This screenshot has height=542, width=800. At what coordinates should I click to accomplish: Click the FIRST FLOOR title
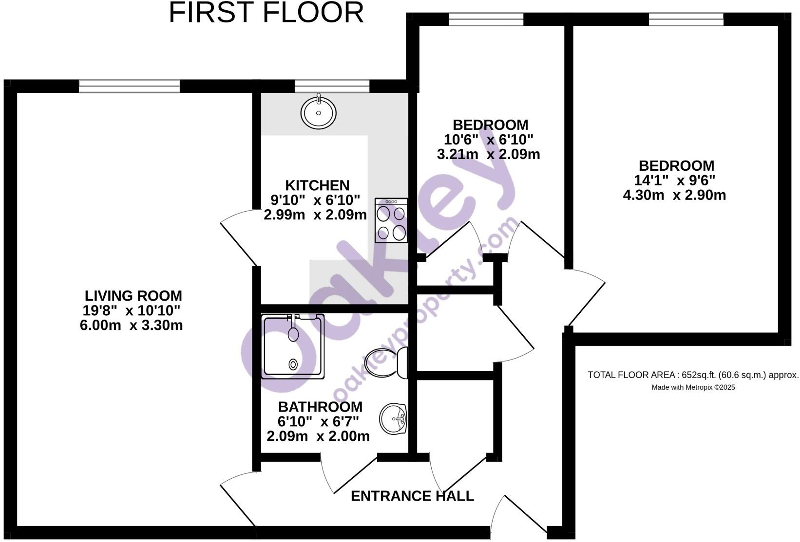(x=266, y=13)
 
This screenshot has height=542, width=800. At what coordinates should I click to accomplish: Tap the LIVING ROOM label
(x=133, y=296)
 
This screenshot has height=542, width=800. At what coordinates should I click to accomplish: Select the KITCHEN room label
(x=317, y=185)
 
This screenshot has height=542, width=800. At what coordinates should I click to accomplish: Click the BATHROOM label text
(x=320, y=407)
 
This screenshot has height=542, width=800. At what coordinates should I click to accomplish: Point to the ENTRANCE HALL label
(x=412, y=496)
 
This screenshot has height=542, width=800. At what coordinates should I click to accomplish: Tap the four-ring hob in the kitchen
(x=391, y=220)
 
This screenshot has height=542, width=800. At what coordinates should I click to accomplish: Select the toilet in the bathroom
(x=388, y=363)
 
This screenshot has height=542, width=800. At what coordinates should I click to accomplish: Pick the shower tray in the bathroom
(x=293, y=346)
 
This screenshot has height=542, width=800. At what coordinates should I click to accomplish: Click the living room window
(x=129, y=87)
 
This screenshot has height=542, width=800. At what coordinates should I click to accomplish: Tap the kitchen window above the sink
(x=332, y=87)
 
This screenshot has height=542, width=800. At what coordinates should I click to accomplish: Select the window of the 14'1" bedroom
(x=686, y=19)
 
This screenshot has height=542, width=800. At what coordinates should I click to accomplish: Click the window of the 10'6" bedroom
(x=486, y=19)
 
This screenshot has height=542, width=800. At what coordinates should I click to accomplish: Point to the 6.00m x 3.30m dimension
(x=131, y=325)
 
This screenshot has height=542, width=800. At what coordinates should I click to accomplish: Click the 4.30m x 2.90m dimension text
(x=674, y=196)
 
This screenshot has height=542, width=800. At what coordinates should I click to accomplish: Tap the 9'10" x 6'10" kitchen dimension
(x=315, y=200)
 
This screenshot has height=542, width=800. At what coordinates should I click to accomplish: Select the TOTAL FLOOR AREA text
(x=693, y=375)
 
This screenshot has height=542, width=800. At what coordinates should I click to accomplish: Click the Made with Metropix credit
(x=693, y=388)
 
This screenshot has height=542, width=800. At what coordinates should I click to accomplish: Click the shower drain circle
(x=293, y=364)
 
